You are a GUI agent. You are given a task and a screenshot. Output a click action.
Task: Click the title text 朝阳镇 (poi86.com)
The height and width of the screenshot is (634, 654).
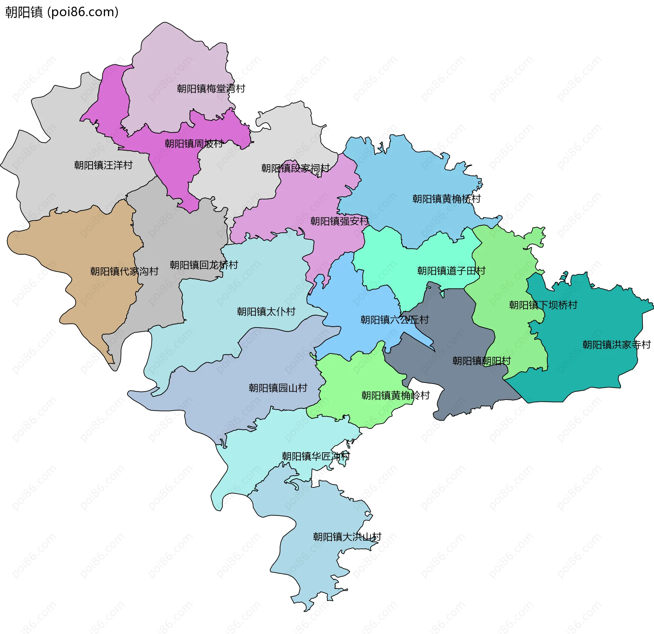point(62,12)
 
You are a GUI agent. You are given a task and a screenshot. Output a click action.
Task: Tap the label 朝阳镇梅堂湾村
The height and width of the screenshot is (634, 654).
point(211,89)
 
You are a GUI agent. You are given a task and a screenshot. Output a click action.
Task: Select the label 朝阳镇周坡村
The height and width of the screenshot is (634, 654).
point(193,144)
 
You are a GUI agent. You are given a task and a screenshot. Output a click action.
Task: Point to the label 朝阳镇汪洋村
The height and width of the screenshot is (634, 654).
point(103,165)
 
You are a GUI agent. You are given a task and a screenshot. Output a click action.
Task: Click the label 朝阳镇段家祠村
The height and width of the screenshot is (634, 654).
point(295,168)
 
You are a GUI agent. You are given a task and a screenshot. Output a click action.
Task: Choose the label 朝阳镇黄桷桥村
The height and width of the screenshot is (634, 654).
point(446,199)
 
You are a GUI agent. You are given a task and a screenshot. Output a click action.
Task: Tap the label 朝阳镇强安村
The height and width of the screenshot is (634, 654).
point(339,221)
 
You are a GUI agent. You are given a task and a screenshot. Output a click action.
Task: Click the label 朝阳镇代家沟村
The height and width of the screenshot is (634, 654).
point(124,271)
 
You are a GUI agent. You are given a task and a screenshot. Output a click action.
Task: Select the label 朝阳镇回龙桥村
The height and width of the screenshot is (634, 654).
point(204,265)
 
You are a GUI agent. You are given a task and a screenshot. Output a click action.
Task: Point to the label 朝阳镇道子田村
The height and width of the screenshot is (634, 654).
point(451,271)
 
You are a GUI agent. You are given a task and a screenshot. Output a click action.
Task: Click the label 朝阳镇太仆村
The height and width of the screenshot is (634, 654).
point(266,312)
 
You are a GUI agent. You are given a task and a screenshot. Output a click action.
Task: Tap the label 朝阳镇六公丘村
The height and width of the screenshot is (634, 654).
point(394,320)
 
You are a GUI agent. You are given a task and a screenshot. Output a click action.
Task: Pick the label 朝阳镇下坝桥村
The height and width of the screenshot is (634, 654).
point(543,305)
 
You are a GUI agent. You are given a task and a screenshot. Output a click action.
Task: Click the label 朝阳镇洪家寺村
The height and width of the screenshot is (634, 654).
point(616,345)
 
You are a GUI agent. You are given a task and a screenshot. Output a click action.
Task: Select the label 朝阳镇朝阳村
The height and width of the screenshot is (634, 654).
point(481,361)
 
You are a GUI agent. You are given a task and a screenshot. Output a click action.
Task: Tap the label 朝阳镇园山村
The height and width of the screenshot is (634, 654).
point(278,388)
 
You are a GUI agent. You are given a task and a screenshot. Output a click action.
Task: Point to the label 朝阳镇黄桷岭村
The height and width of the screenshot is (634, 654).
point(395,395)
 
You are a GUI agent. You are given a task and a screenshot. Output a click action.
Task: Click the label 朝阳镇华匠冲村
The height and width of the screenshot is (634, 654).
point(316,456)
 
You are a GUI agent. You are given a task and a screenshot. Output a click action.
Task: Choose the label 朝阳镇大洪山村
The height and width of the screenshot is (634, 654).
point(347,537)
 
